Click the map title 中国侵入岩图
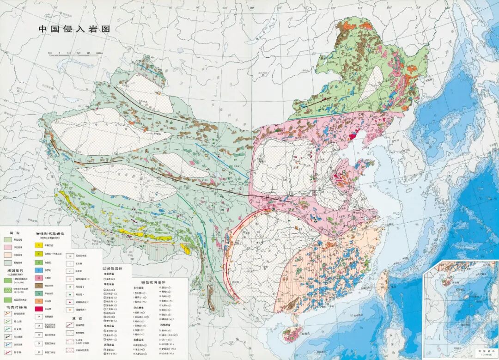(74, 29)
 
